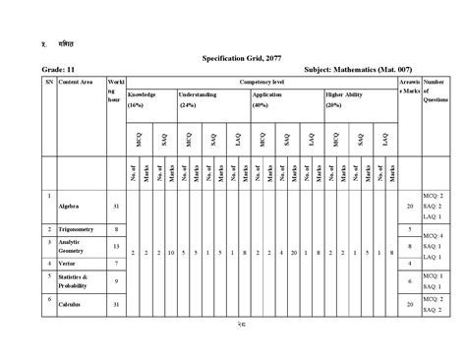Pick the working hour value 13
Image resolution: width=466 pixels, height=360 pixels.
tap(117, 246)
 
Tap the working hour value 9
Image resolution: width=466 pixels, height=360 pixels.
tap(117, 282)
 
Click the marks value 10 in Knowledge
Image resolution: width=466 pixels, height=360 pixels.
tap(171, 254)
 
